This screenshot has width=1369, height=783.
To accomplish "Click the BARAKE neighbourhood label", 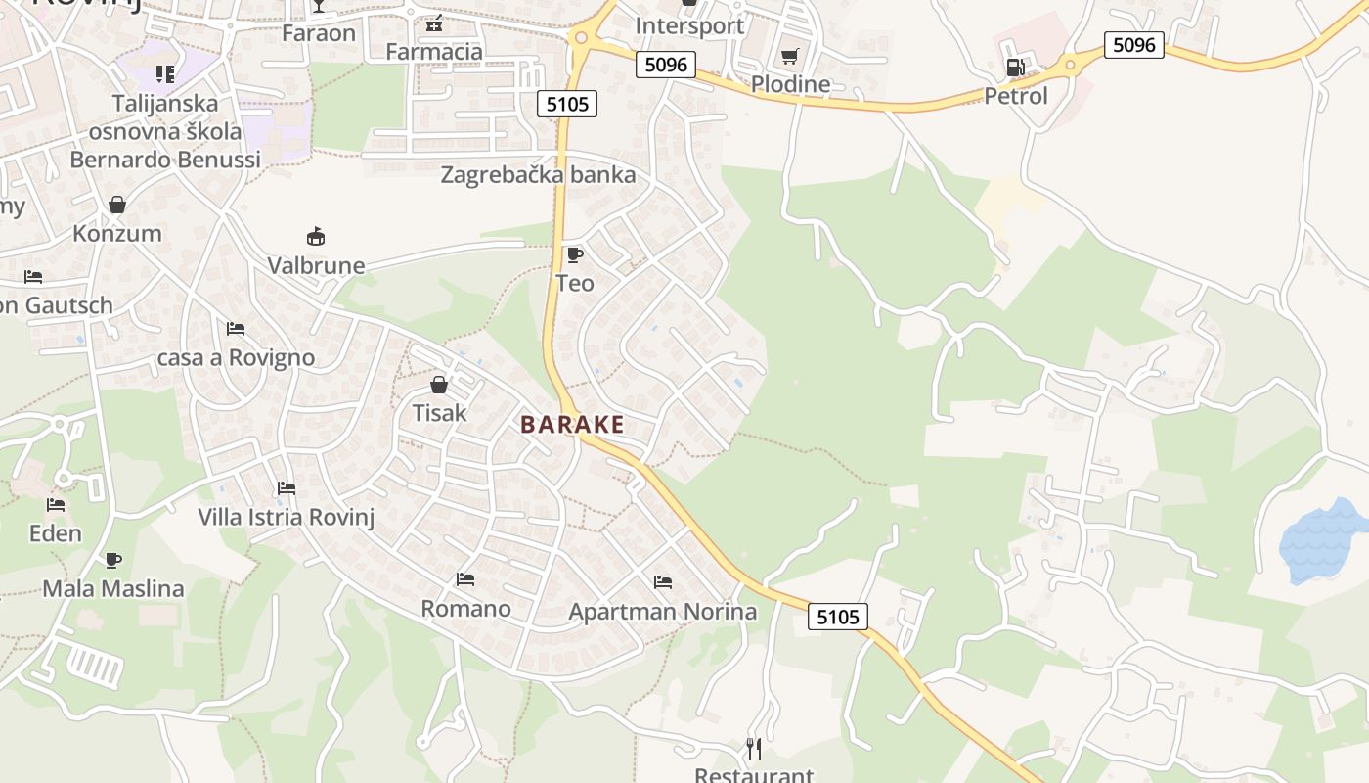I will click(x=572, y=424).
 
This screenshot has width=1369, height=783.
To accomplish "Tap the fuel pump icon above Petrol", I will click(x=1016, y=68).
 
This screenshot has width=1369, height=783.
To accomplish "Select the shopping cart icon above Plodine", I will click(x=789, y=56).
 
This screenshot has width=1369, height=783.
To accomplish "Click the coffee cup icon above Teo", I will click(x=575, y=254).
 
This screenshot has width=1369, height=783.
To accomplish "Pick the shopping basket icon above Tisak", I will click(x=439, y=384).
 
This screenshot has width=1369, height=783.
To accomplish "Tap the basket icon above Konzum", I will click(x=117, y=205).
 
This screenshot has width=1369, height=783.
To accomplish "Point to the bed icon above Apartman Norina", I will click(x=663, y=582).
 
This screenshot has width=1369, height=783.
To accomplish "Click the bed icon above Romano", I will click(x=465, y=579).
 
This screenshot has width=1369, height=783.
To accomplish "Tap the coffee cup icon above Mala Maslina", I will click(x=113, y=560).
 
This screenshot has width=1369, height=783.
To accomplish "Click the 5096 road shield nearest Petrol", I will click(x=1134, y=44).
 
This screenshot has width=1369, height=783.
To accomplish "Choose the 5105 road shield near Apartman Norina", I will click(x=838, y=617).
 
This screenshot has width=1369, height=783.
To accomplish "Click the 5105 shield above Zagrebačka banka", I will click(x=567, y=103).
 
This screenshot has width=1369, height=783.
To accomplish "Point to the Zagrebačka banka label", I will click(x=538, y=175).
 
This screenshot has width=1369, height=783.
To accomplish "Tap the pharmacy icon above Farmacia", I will click(x=434, y=23).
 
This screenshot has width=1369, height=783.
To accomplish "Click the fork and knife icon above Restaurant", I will click(x=754, y=749).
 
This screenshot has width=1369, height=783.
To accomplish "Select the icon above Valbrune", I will click(x=316, y=236).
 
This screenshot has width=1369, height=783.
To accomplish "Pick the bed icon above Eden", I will click(x=56, y=505).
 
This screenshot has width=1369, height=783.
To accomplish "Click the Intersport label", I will click(x=689, y=25).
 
